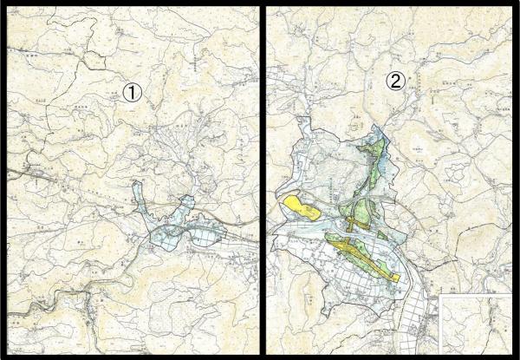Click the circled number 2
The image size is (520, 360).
point(395,82)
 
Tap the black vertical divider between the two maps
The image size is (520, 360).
point(263,173)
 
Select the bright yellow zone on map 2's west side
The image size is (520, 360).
point(300,207)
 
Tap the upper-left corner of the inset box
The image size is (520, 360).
point(440,295)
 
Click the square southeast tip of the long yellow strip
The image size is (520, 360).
point(395,277)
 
